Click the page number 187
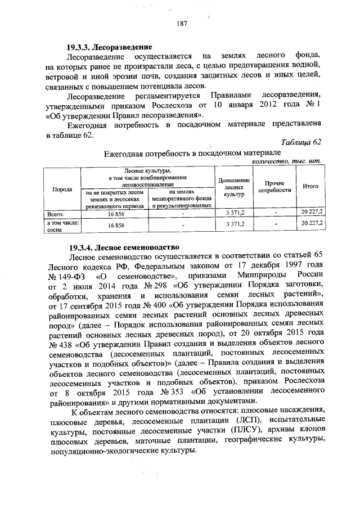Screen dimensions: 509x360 [181, 24]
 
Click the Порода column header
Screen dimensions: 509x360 [62, 189]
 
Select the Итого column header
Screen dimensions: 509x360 [310, 186]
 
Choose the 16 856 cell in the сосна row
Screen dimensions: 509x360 [115, 225]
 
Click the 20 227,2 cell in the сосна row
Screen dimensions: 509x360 [310, 224]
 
